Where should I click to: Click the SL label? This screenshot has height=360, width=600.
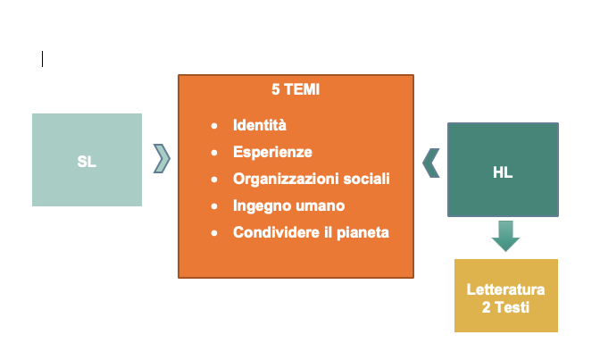click(x=87, y=162)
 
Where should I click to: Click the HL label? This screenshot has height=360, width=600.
click(x=503, y=172)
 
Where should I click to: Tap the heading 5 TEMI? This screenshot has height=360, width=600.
click(x=296, y=89)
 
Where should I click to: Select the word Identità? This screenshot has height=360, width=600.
click(x=260, y=125)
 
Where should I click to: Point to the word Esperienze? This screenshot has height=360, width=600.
click(x=272, y=152)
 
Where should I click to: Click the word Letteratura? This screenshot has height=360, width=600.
click(x=505, y=290)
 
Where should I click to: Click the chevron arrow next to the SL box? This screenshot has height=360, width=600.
click(x=162, y=157)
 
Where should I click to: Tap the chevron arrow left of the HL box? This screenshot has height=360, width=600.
click(x=430, y=163)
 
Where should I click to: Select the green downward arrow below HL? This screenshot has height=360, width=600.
click(x=504, y=237)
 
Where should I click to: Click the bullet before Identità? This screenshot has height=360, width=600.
click(x=213, y=126)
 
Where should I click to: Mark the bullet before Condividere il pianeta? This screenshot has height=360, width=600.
click(x=213, y=233)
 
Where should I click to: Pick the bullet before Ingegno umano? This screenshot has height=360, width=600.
click(x=213, y=206)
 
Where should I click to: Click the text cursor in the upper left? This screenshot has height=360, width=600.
click(x=42, y=59)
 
